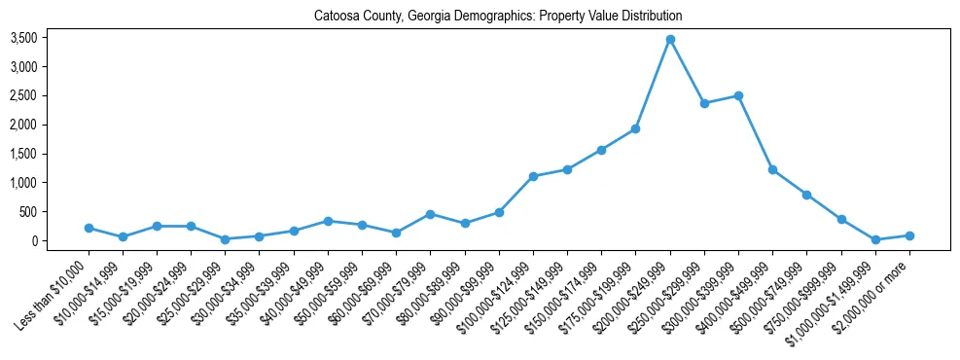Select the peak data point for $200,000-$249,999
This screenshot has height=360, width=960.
tap(670, 39)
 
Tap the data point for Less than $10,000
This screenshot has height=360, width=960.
tap(89, 228)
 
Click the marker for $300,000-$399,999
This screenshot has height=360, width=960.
tap(738, 95)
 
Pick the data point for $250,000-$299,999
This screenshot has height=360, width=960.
tap(704, 103)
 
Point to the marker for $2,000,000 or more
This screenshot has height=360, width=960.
tap(909, 235)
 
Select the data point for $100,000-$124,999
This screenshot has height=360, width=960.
tap(533, 176)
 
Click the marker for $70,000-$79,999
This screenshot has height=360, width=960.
tap(430, 214)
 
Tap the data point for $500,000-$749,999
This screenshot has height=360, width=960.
tap(806, 195)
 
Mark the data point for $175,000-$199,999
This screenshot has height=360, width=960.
tap(635, 128)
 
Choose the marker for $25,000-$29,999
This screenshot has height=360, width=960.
tap(225, 239)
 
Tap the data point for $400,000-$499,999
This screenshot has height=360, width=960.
tap(772, 169)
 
